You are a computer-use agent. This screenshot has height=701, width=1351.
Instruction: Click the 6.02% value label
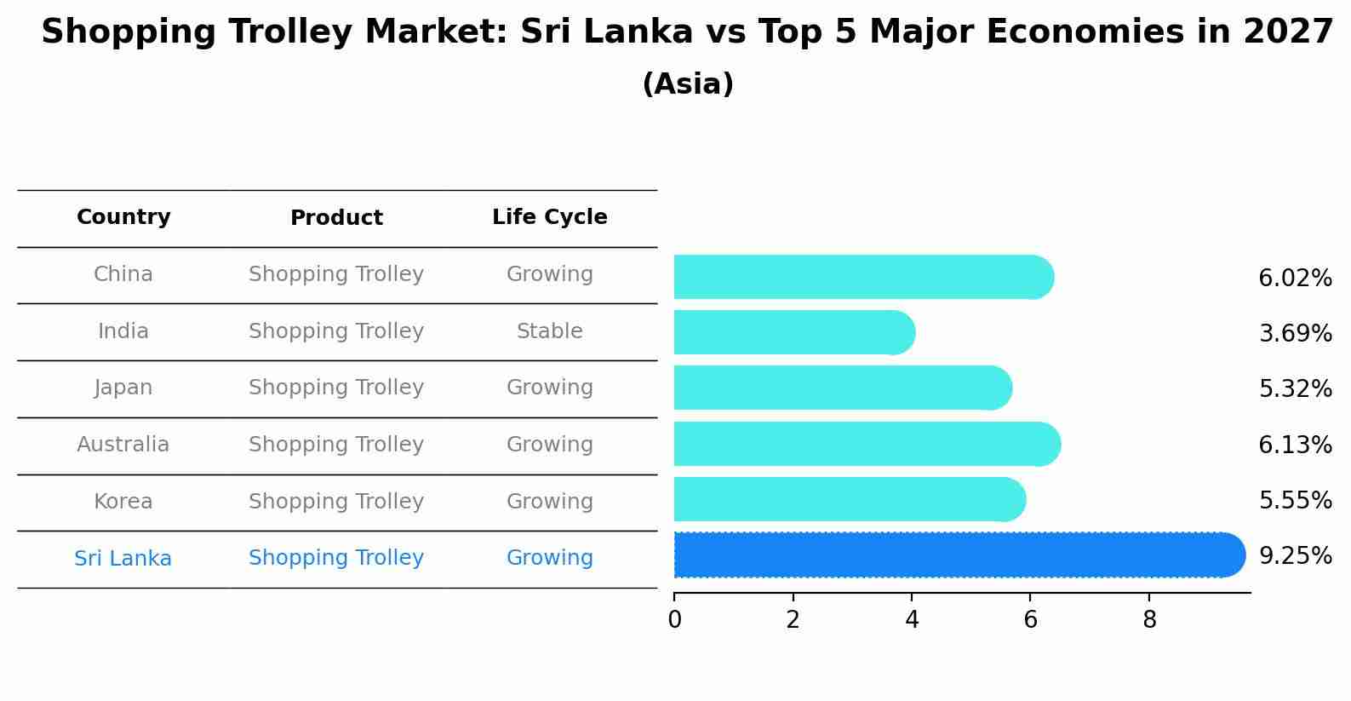[1294, 279]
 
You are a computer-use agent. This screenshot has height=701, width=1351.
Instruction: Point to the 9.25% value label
[1294, 556]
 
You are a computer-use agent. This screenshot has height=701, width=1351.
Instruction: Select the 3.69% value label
[1294, 334]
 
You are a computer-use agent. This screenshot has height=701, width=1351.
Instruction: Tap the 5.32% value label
[1294, 389]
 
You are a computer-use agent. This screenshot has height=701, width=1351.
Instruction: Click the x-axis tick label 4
[912, 620]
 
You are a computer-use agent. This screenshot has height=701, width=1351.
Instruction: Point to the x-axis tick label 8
[1149, 620]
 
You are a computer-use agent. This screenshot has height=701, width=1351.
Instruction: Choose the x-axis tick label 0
[674, 620]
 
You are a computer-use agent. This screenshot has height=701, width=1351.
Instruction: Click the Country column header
[123, 217]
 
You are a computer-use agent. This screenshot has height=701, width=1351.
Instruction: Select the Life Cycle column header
[549, 217]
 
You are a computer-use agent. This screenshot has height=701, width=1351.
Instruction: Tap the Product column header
[336, 218]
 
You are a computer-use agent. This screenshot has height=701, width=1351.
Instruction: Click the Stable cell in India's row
[549, 331]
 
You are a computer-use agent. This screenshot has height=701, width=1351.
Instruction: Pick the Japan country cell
[123, 388]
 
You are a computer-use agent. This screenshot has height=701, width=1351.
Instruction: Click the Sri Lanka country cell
[123, 559]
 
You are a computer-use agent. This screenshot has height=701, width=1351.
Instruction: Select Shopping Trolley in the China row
[336, 274]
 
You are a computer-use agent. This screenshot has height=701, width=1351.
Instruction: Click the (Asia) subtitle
[688, 84]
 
